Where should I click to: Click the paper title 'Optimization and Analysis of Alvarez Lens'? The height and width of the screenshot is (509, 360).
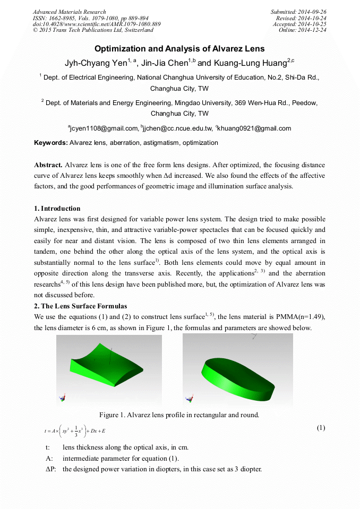pos(179,49)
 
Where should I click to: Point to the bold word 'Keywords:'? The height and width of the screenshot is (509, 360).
pos(51,143)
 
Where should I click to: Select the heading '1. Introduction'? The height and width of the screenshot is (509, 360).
pos(57,208)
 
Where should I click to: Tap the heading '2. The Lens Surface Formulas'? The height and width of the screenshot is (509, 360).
pos(80,306)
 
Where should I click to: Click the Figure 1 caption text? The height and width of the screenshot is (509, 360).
pos(179,415)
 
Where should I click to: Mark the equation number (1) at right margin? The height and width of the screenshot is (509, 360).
pos(321,428)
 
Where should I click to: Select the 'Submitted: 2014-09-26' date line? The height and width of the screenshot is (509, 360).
pos(299,12)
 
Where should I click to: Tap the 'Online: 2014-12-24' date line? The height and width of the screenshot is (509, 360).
pos(303,30)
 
